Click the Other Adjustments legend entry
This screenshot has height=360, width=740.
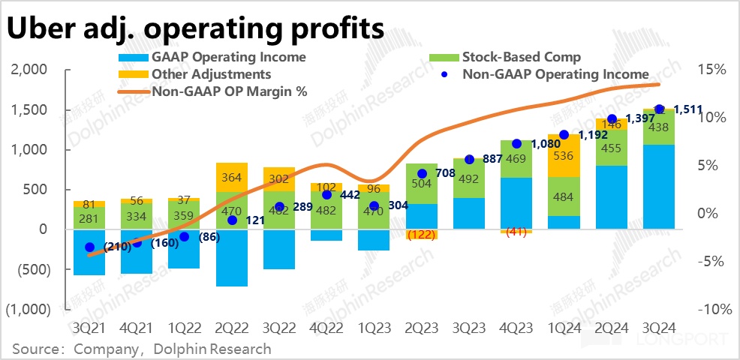tap(211, 74)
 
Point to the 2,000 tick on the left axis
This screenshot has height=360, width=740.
tap(30, 70)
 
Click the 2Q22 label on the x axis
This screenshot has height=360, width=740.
tap(231, 329)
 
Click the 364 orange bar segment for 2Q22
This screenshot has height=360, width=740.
tap(231, 177)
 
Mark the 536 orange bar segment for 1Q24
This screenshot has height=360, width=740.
tap(564, 156)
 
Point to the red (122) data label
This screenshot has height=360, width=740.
tap(422, 235)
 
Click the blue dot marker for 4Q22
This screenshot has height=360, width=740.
tap(327, 195)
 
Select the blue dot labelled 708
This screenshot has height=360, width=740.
tap(422, 174)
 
